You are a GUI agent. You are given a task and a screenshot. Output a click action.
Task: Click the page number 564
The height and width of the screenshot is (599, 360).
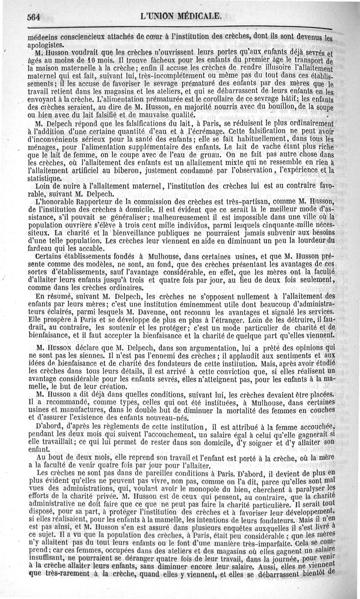pos(34,18)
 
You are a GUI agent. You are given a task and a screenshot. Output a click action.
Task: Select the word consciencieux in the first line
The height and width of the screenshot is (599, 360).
pos(79,38)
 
